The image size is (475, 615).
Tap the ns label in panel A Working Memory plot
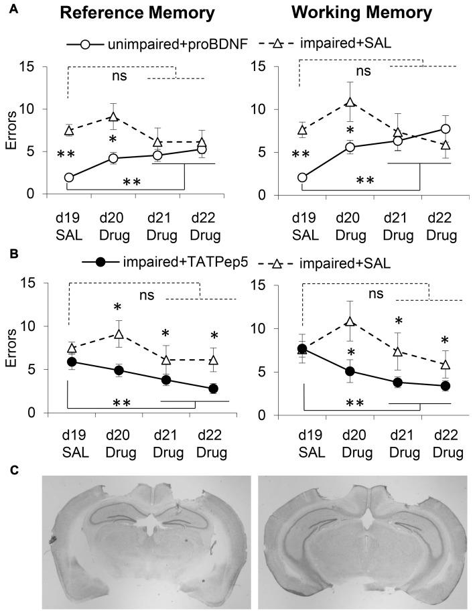pos(362,71)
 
